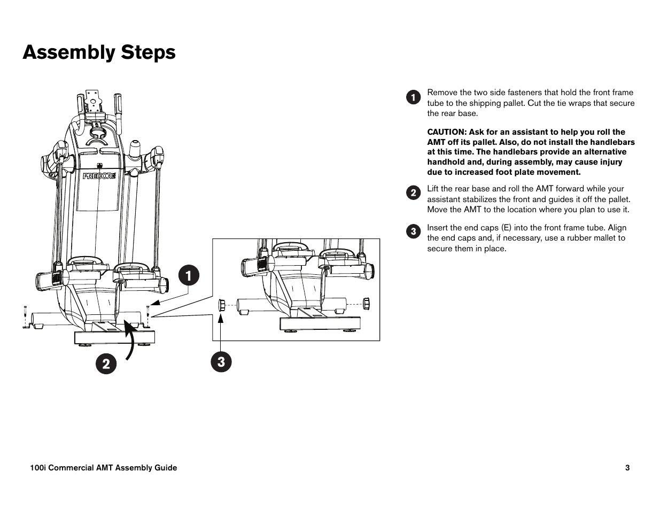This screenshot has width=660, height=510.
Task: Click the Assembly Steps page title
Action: point(99,52)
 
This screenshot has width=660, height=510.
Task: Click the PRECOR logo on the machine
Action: point(99,176)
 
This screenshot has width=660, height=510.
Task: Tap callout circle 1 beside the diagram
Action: point(189,275)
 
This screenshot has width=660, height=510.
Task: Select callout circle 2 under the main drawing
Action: point(106,364)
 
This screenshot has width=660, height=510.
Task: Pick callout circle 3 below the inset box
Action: point(221,362)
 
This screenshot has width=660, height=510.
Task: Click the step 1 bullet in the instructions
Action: point(413,97)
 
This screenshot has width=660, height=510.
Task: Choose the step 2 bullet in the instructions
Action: point(413,193)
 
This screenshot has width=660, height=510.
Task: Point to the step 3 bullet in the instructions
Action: point(413,232)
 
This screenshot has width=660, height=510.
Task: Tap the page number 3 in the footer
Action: point(627,468)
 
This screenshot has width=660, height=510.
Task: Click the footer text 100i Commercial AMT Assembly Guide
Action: point(104,468)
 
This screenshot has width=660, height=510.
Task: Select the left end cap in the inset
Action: point(222,305)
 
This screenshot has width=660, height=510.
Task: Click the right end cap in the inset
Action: point(367,304)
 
